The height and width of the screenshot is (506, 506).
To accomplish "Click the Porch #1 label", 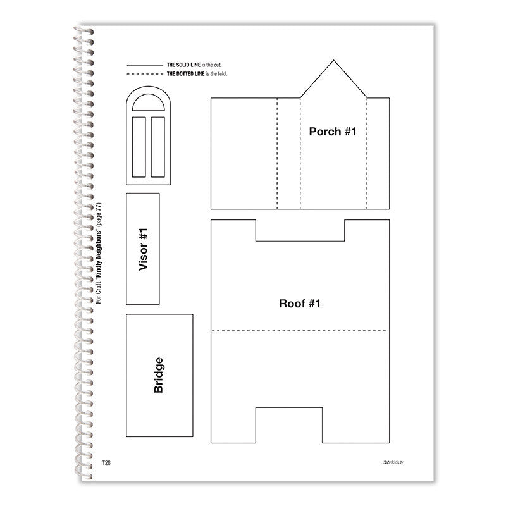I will coord(329,132).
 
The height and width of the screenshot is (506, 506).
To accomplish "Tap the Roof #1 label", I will coord(300,304).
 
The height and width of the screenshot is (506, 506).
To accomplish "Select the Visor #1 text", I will coord(143,249).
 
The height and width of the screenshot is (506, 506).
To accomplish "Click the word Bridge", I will coord(159,375).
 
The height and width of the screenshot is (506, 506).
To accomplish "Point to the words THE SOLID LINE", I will coord(183,65).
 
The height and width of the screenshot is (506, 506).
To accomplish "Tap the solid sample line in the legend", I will coord(144,65).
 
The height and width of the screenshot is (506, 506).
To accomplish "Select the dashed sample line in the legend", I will coord(144,75).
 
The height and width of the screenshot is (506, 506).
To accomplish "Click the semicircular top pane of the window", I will coord(149,104).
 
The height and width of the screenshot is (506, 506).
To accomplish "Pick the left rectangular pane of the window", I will coord(140,146).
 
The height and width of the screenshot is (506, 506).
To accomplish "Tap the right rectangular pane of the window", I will coord(158,146).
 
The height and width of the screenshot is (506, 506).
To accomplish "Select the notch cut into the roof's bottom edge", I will coord(300,422).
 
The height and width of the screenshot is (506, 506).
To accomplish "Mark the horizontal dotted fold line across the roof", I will coord(300,331).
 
